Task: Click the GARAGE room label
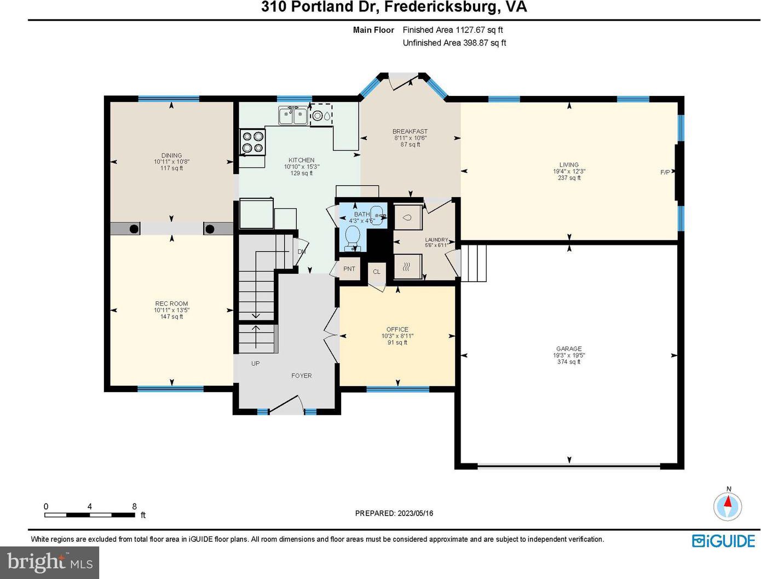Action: [x=569, y=348]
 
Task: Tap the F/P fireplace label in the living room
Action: [x=665, y=172]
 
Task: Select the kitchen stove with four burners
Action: [x=253, y=142]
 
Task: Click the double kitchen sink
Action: [x=292, y=116]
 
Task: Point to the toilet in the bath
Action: [x=353, y=238]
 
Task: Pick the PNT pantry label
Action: [x=349, y=269]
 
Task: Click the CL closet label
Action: [x=377, y=272]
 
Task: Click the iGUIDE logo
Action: [x=724, y=541]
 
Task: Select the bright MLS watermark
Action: [x=50, y=563]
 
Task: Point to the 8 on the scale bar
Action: [x=134, y=506]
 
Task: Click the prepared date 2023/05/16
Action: [x=416, y=513]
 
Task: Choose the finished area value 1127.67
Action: [x=470, y=30]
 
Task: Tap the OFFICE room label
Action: [x=397, y=329]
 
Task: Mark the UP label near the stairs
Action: [x=255, y=364]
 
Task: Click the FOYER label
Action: [x=301, y=376]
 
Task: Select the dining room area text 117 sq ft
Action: [x=171, y=168]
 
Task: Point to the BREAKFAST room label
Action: [x=410, y=131]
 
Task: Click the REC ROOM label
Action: [x=171, y=303]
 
